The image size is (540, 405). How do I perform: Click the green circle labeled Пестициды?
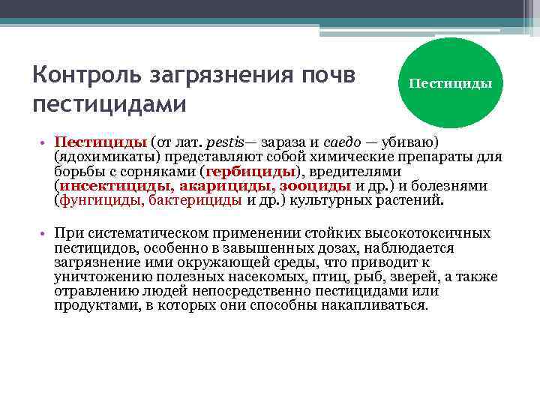point(451,82)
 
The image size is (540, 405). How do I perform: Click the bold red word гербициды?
point(250,172)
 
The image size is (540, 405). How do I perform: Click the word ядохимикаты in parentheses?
point(102,157)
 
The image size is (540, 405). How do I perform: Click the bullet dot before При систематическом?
point(46,234)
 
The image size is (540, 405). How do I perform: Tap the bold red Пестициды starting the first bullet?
point(100,142)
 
